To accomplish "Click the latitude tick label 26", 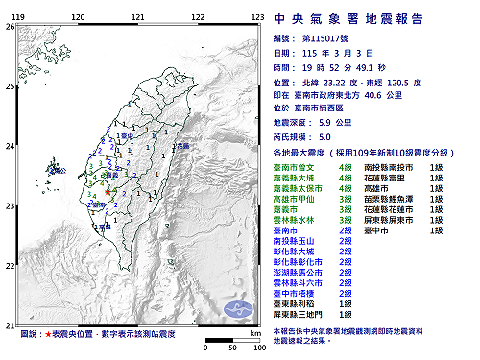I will tap(9, 26).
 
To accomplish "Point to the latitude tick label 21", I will tap(9, 324).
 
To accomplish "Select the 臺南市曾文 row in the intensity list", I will tap(295, 167).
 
